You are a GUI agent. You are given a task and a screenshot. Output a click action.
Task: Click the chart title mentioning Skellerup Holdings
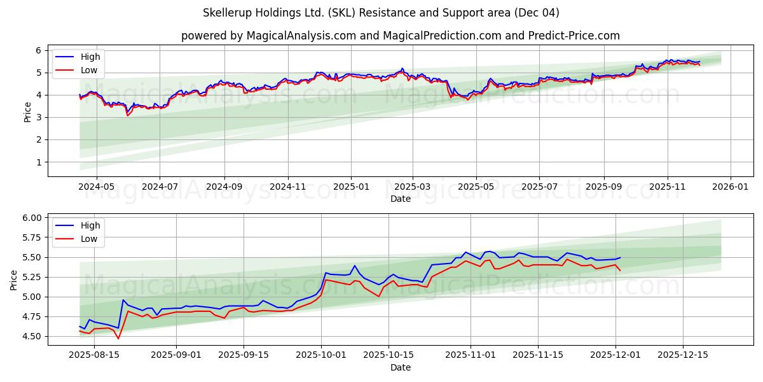coord(381,13)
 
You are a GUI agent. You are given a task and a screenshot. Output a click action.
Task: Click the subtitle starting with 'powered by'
coord(401,36)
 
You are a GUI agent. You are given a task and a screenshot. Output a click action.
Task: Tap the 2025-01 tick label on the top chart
coord(351,188)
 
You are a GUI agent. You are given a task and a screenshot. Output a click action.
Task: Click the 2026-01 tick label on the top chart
coord(729,188)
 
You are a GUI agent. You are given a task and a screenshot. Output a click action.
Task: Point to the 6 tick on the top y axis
coord(39,50)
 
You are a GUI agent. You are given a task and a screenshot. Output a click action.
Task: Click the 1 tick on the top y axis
coord(39,162)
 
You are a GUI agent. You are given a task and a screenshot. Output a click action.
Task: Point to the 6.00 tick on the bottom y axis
coord(31,218)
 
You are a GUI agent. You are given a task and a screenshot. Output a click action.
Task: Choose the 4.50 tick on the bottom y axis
coord(31,336)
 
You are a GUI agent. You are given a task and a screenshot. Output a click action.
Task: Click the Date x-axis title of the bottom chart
coord(401,367)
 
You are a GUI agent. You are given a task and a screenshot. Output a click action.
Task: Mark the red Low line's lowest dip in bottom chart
coord(118,338)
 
